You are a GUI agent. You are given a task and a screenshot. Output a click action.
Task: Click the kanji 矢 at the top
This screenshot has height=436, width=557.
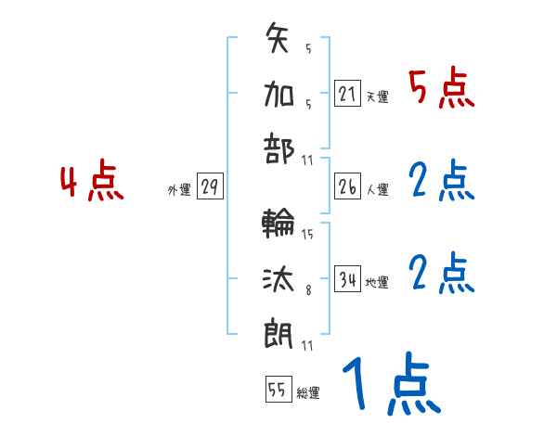pos(280,41)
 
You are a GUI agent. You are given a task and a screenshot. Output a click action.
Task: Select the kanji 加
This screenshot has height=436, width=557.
pos(280,93)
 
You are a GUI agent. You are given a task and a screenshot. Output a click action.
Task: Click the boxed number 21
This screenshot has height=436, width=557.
pos(347,93)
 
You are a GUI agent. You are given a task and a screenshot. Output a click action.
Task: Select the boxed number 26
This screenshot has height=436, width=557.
pos(347,186)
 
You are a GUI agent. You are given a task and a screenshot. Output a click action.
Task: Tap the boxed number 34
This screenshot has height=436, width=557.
pos(347,278)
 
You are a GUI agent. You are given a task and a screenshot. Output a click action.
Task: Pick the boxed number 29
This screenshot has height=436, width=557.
pos(209,186)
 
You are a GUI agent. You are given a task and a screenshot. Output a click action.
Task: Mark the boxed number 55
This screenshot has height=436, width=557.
pos(277,390)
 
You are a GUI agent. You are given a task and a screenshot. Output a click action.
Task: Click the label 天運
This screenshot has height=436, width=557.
pos(377,96)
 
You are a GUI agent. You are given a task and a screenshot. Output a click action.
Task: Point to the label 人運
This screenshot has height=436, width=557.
pos(377,189)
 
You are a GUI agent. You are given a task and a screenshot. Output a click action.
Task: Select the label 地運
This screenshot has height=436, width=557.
pos(377,282)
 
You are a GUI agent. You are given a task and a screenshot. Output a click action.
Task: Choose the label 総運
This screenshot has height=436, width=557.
pos(307,393)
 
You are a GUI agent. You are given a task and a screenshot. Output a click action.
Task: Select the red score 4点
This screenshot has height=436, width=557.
pos(92,183)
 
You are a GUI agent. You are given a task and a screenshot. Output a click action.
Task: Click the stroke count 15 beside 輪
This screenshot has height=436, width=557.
pos(307,234)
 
